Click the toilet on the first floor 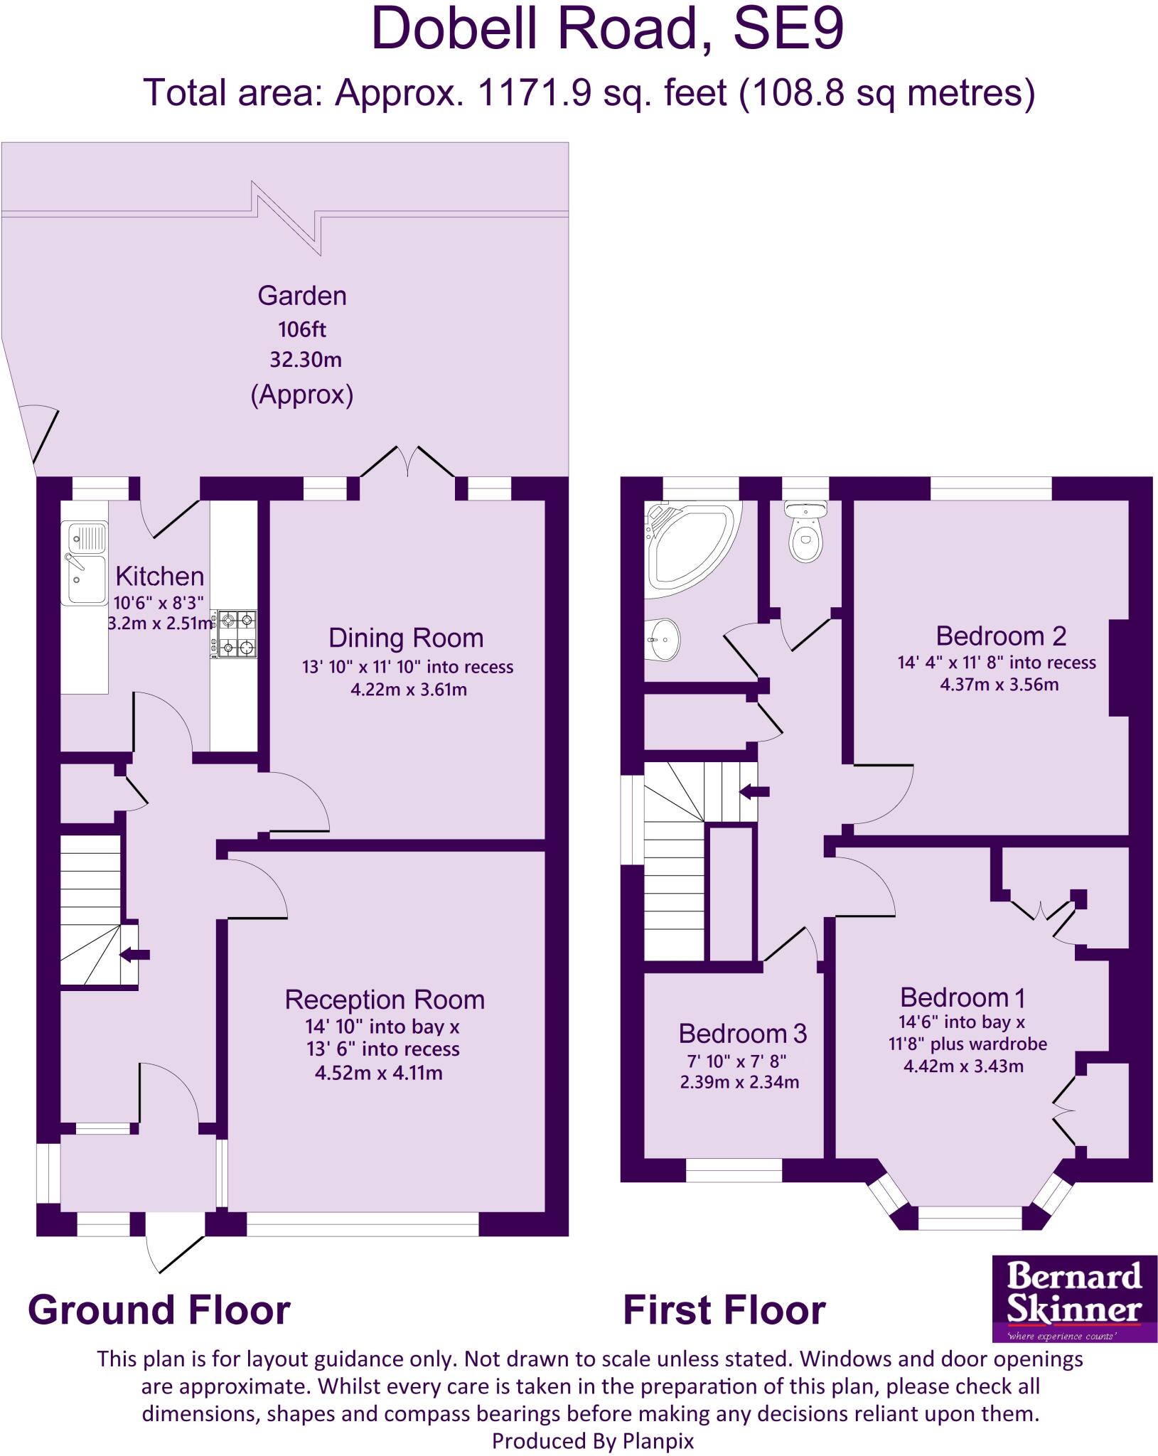[x=805, y=532]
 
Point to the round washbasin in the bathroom [x=664, y=639]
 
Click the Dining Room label [x=406, y=638]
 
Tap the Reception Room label [x=385, y=1000]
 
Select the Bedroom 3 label [x=742, y=1033]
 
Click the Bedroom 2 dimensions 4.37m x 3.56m [x=999, y=685]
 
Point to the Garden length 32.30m [x=305, y=360]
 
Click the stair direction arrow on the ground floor [x=134, y=955]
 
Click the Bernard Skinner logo [x=1073, y=1298]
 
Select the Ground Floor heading [x=159, y=1310]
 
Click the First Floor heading [x=724, y=1310]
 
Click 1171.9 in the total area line [x=535, y=93]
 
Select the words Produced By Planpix [x=592, y=1441]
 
